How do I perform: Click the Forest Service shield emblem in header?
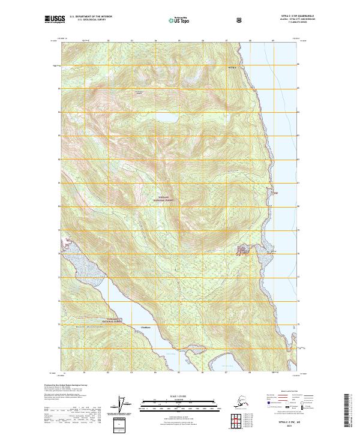pos(239,20)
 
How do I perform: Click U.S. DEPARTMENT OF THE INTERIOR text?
pos(91,17)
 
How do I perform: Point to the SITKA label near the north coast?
pos(234,69)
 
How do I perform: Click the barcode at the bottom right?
pos(350,410)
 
